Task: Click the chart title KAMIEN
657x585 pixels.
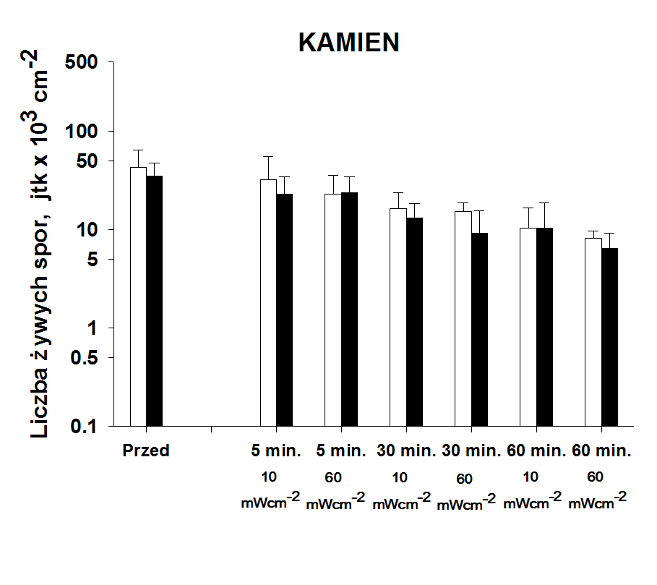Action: tap(348, 43)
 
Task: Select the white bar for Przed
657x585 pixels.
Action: tap(138, 296)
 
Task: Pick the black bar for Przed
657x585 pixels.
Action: tap(154, 301)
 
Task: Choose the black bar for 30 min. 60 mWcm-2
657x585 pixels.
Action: tap(478, 329)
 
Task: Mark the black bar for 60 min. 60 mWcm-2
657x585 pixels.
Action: tap(609, 337)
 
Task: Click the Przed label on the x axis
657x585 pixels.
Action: tap(145, 451)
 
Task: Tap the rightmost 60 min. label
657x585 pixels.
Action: tap(601, 451)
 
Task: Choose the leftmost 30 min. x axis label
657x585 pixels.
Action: tap(406, 451)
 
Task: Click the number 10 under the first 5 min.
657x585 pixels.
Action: tap(269, 477)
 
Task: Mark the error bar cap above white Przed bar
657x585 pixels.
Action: tap(138, 150)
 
